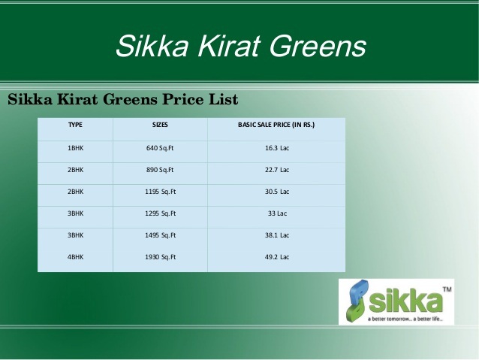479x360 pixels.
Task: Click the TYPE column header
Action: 75,125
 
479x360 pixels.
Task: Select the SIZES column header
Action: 160,125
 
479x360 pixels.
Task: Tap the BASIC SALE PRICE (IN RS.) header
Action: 276,125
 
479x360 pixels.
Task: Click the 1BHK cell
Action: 76,148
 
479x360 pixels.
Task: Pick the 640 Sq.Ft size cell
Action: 160,148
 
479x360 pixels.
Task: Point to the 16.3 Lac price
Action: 277,148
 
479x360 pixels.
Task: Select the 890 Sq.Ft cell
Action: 160,170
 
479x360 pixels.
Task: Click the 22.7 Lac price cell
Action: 277,170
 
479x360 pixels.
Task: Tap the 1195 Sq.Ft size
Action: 161,192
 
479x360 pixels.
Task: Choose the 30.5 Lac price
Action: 277,192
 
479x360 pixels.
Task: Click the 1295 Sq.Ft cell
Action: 161,213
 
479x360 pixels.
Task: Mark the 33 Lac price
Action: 277,213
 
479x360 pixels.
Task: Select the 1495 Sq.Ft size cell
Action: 161,235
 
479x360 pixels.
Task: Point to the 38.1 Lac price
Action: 277,235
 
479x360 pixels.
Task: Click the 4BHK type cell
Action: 76,257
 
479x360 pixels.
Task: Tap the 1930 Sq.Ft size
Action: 161,257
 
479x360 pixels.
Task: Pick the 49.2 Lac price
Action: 277,256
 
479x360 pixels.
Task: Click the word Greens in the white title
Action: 318,46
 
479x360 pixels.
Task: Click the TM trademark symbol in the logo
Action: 447,289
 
